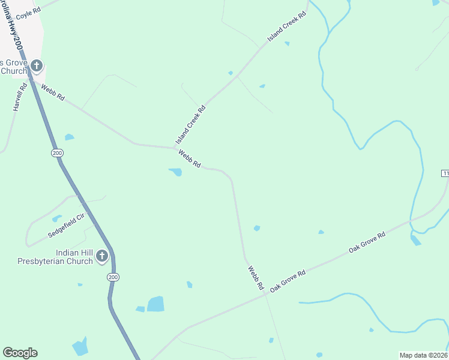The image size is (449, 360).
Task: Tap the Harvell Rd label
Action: click(x=19, y=97)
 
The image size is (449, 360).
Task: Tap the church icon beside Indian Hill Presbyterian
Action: click(x=102, y=257)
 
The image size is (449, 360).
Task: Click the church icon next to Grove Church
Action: click(x=36, y=65)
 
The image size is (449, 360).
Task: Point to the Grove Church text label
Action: click(x=13, y=67)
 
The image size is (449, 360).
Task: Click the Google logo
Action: click(x=20, y=353)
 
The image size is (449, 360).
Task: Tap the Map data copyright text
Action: click(x=424, y=355)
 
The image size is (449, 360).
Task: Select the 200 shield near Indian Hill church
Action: click(x=113, y=277)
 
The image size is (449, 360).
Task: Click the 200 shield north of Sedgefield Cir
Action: click(x=57, y=153)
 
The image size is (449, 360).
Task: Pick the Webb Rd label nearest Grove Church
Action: click(x=53, y=92)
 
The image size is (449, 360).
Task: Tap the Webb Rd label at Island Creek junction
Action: click(x=189, y=159)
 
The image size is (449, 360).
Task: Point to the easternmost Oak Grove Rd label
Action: click(x=367, y=242)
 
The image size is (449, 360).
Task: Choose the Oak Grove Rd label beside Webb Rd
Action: click(x=288, y=281)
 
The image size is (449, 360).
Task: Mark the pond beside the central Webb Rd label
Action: click(x=176, y=172)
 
